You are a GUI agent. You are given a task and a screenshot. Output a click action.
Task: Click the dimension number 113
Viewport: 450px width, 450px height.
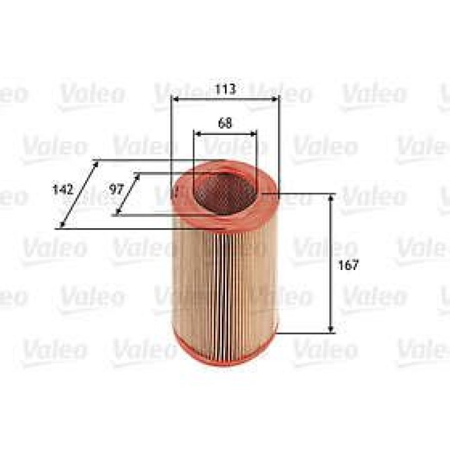pos(225,89)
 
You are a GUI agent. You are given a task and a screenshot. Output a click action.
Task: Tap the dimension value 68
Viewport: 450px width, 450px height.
pos(225,123)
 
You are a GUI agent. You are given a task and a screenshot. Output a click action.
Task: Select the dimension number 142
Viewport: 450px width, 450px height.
pos(63,189)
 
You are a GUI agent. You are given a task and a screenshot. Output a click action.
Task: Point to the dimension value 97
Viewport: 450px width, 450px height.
pos(116,189)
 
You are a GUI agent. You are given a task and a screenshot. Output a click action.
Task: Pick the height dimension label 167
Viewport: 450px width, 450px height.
pos(348,264)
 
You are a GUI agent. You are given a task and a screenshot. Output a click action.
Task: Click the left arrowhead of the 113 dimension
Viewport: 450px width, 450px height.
pos(175,99)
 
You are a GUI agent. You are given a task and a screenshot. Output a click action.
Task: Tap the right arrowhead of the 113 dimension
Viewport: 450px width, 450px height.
pos(275,99)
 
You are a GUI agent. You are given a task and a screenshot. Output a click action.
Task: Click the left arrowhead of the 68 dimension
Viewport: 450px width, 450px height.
pos(197,134)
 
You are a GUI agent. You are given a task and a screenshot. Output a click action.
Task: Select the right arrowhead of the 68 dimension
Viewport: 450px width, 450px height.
pos(253,134)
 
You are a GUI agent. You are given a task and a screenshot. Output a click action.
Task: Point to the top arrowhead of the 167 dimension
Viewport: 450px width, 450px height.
pos(331,198)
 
